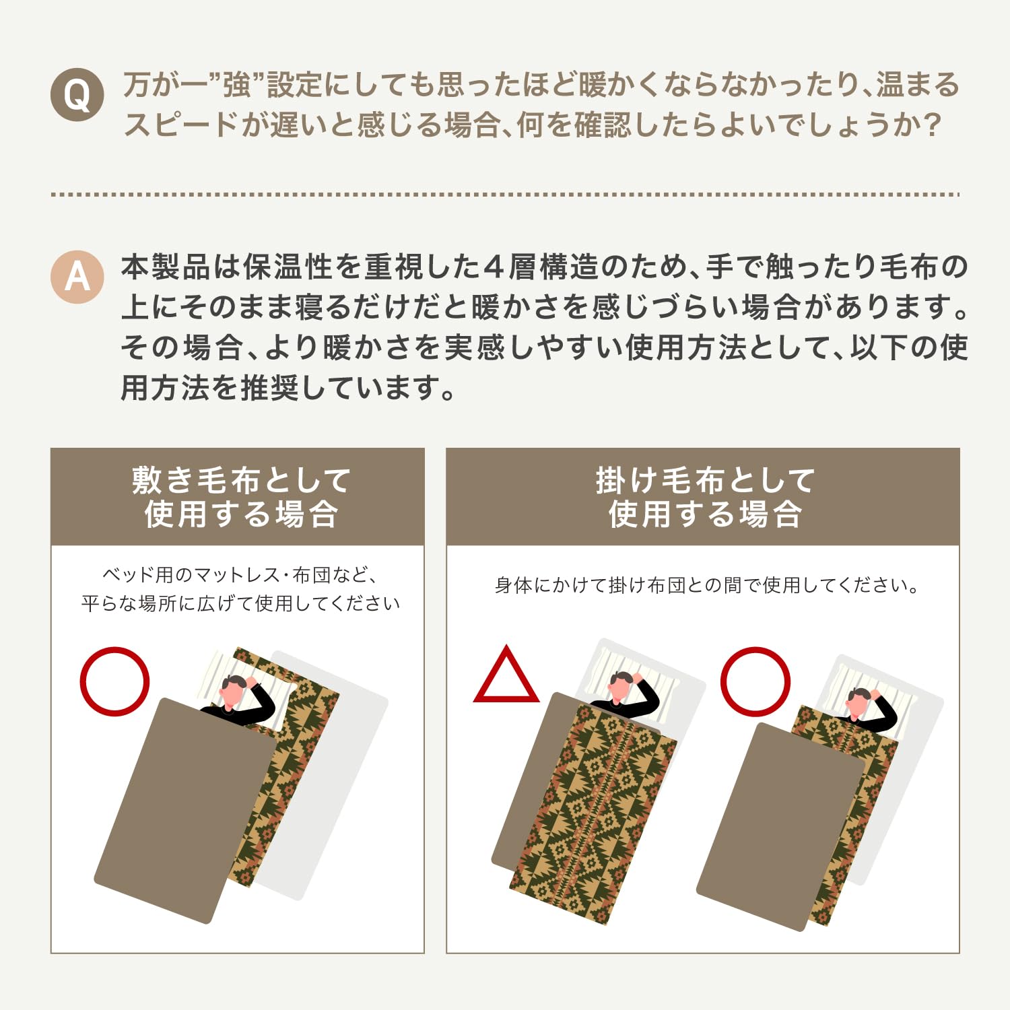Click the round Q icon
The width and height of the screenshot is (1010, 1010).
(x=77, y=95)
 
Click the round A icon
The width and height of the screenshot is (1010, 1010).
(x=77, y=277)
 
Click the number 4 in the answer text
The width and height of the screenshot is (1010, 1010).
(x=494, y=267)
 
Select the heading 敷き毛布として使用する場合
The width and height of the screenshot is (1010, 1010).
(x=241, y=497)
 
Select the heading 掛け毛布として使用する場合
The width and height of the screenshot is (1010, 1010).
(x=705, y=497)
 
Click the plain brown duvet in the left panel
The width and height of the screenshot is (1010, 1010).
(x=183, y=810)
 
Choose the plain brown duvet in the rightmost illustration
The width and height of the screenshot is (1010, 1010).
(x=781, y=827)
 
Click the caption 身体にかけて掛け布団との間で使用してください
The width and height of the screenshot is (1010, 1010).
(x=706, y=585)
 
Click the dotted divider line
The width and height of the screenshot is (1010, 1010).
(x=505, y=195)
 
